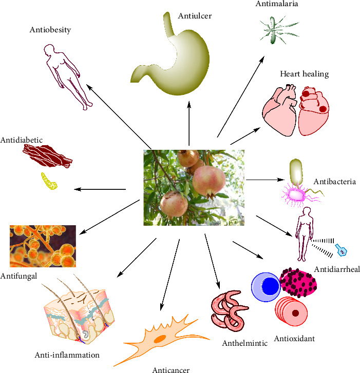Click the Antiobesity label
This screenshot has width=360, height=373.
tap(50, 30)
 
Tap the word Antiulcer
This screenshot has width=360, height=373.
tap(195, 16)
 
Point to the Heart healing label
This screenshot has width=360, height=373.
tap(304, 74)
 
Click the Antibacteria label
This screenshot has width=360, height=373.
tap(334, 182)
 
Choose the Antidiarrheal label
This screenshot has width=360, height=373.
tap(336, 269)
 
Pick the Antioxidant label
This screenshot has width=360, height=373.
tap(294, 338)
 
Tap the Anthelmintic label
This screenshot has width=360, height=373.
tap(244, 343)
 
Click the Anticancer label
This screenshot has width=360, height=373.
tap(171, 369)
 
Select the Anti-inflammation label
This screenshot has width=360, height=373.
tap(67, 355)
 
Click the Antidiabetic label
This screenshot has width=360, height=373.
tap(21, 139)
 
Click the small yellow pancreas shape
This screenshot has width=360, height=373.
tap(49, 180)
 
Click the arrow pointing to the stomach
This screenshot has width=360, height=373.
tap(189, 123)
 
